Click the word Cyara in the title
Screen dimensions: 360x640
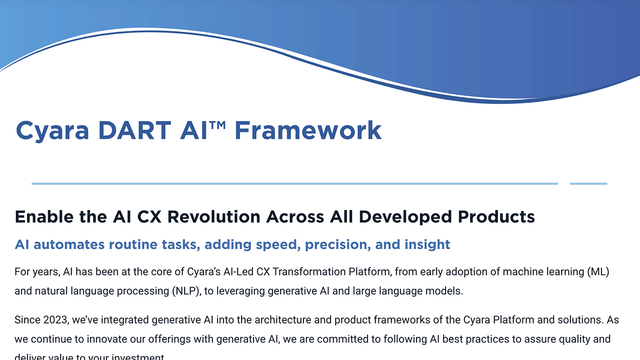click(52, 130)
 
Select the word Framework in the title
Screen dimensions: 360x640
click(308, 130)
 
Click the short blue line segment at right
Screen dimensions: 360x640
click(588, 183)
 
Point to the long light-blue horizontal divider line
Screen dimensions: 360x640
click(294, 183)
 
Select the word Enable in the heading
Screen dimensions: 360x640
click(43, 217)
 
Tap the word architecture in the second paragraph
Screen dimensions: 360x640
click(282, 319)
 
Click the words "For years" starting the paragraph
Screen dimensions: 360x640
click(36, 272)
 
